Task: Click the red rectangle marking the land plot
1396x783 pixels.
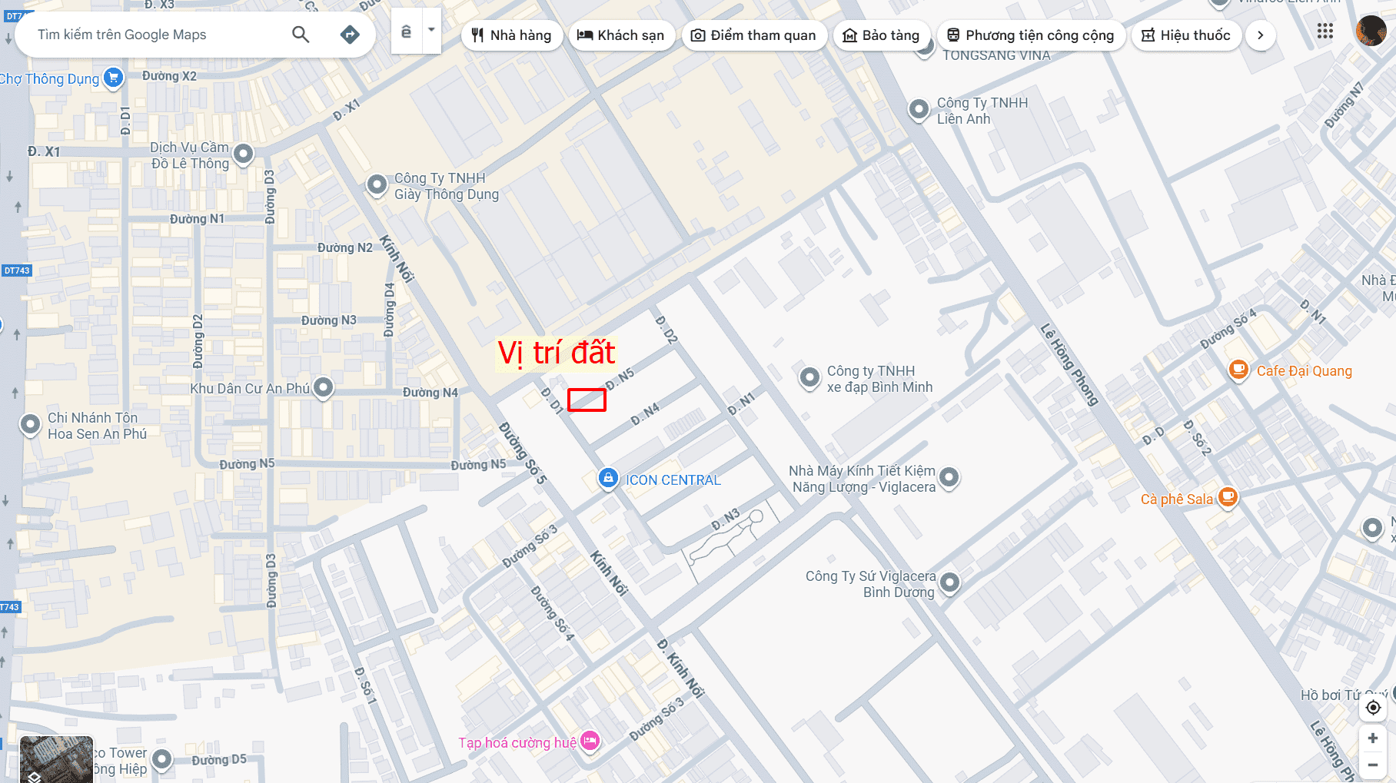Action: (587, 400)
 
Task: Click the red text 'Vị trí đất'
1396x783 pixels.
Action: (556, 353)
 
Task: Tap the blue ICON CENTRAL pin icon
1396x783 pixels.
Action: (608, 478)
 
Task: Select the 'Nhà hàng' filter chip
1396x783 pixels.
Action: (512, 35)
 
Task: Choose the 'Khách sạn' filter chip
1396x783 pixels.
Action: (621, 35)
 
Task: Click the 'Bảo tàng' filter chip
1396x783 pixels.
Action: (882, 35)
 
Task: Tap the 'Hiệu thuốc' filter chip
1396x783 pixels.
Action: (1186, 35)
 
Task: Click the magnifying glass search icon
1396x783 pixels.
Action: (301, 35)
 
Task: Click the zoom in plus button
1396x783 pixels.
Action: (1372, 738)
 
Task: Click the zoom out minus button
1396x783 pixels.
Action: (1372, 765)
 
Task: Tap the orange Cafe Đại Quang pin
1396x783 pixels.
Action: (1238, 370)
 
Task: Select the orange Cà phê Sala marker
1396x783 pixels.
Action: (1228, 497)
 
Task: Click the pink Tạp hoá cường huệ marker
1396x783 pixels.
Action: (590, 741)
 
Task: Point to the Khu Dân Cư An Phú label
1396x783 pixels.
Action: (250, 389)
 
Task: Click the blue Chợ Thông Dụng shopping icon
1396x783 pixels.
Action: (114, 78)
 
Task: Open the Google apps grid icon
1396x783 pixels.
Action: (1325, 32)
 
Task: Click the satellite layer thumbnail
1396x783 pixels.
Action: (56, 759)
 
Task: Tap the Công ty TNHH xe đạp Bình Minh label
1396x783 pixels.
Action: (879, 379)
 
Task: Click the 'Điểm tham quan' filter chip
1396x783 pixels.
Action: (754, 35)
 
